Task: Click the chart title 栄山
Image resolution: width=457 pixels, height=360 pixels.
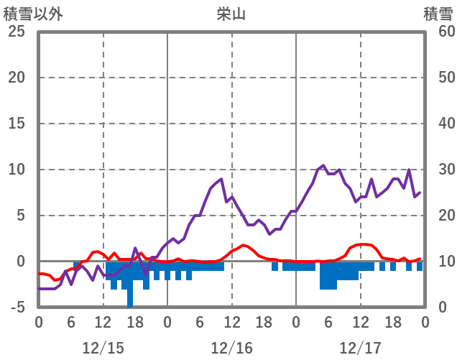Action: point(231,14)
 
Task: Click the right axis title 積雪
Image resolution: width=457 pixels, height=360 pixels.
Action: point(437,14)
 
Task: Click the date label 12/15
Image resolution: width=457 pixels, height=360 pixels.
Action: point(103,348)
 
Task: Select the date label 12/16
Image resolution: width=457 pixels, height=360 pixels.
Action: point(231,348)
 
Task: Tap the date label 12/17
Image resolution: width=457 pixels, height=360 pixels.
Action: point(361,348)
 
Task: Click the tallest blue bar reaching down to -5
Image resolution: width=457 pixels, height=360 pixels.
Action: point(130,295)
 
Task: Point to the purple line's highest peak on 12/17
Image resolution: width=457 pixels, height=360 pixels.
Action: point(323,166)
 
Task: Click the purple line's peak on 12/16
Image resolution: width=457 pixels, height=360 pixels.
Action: point(221,179)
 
